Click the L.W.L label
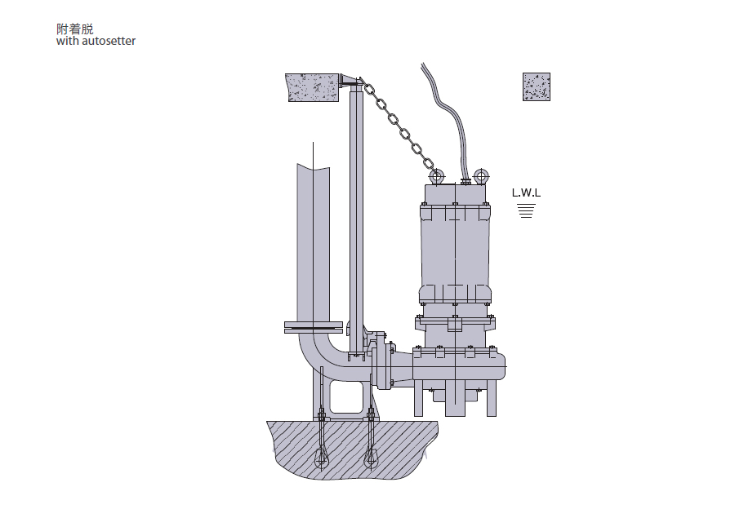click(x=526, y=193)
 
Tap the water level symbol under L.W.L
click(x=527, y=210)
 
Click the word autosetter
click(x=109, y=41)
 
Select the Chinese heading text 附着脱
click(x=75, y=29)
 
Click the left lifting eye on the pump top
click(x=437, y=177)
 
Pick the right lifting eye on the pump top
click(x=481, y=176)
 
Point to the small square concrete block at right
click(x=537, y=86)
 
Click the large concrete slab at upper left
click(x=313, y=87)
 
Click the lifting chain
click(x=399, y=126)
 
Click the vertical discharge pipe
click(x=313, y=244)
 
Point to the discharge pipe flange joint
click(x=314, y=327)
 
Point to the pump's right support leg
click(x=492, y=398)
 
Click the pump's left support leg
click(x=419, y=398)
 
